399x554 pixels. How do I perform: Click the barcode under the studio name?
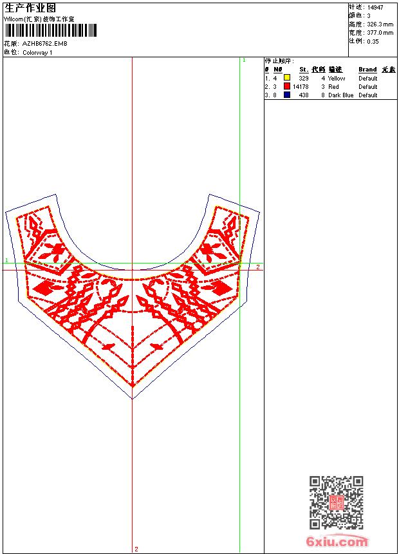tap(51, 30)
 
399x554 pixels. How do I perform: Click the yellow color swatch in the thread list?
tap(287, 78)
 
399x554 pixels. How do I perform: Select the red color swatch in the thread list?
tap(287, 86)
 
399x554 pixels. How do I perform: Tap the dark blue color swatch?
tap(287, 95)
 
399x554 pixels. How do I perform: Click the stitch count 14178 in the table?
tap(301, 86)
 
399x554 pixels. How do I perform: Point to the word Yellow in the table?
tap(337, 79)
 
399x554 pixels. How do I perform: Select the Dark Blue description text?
tap(340, 95)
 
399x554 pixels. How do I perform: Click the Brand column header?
tap(367, 70)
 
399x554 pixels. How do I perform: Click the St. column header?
tap(304, 70)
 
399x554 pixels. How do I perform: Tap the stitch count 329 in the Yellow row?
tap(304, 79)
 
